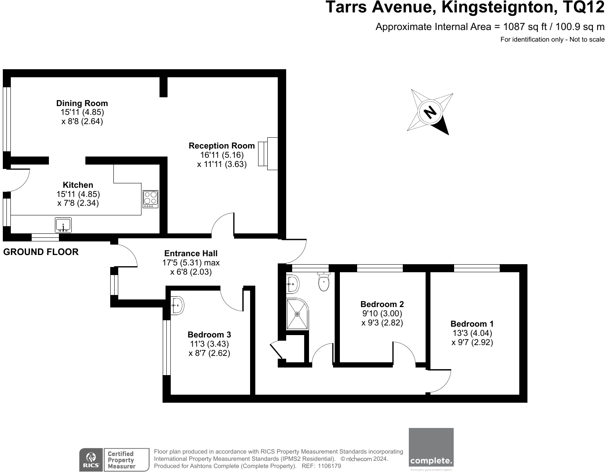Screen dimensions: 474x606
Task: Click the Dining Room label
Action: (82, 103)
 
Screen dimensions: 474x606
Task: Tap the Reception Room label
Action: (222, 146)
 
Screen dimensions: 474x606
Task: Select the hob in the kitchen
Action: (150, 199)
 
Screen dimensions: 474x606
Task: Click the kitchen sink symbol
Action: (63, 225)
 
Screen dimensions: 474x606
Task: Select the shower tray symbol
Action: (297, 314)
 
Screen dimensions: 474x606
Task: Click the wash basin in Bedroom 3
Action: (177, 305)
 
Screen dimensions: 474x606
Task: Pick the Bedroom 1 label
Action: (472, 324)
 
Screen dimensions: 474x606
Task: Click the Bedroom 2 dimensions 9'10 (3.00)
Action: (382, 313)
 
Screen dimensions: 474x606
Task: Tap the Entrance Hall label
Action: (191, 253)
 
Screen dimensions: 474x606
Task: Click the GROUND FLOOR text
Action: (41, 252)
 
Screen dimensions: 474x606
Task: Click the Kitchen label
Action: (78, 185)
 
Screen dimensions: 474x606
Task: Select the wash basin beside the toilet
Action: (293, 284)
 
